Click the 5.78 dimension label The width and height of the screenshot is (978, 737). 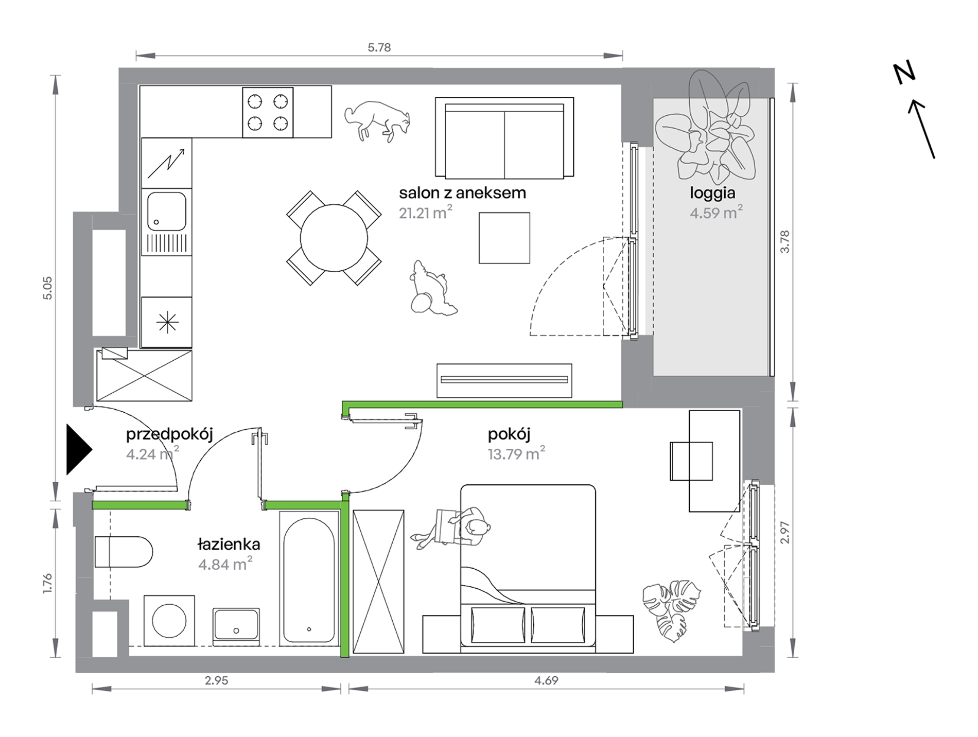coord(379,47)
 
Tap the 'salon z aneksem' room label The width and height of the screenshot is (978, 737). coord(462,193)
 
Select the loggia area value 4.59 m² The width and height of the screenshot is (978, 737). coord(716,212)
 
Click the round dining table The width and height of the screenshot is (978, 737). coord(334,238)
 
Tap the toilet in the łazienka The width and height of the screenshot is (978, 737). coord(124,552)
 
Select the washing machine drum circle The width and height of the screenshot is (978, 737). coord(169,621)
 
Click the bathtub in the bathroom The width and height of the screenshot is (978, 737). coord(309,578)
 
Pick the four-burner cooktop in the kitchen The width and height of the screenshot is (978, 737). coord(268,112)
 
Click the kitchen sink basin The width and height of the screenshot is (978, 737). coord(167,212)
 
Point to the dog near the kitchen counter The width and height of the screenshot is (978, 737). coord(377,120)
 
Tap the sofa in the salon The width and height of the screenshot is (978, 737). coord(504,138)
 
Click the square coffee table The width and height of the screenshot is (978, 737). coord(504,238)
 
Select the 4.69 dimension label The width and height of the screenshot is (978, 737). coord(546,680)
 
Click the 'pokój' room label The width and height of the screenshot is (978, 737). coord(509,434)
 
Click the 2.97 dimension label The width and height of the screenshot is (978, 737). coord(784,532)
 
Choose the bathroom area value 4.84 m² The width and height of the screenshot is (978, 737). coord(225,564)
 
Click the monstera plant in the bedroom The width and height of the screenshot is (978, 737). coord(672,610)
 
